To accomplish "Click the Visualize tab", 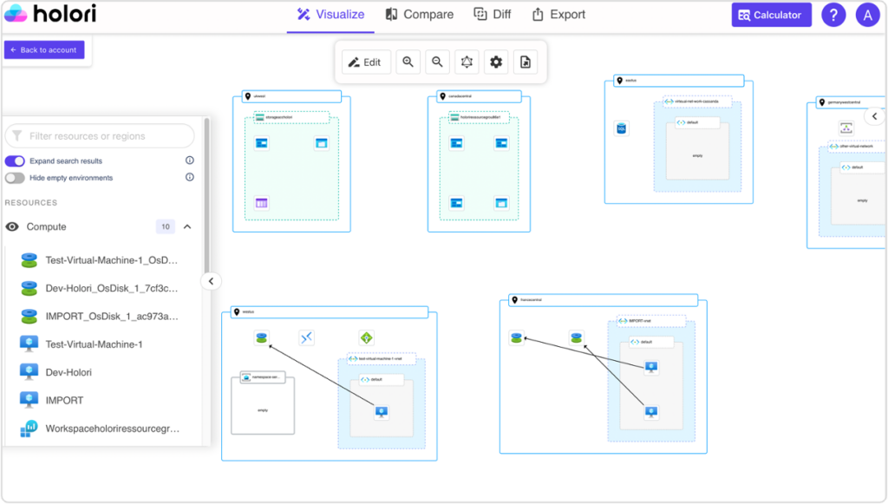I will coord(330,15).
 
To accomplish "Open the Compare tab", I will coord(420,15).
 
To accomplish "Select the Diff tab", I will coord(493,15).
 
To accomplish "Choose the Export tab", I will coord(558,15).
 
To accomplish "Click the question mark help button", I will coord(833,15).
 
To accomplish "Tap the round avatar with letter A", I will coord(867,15).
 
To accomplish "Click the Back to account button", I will coord(44,50).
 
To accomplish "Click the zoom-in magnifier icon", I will coord(408,62).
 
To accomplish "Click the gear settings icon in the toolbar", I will coord(496,62).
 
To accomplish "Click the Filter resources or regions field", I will coord(100,136).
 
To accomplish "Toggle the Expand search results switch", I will coord(15,161).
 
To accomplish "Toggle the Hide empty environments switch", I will coord(15,178).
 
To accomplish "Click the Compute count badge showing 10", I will coord(165,226).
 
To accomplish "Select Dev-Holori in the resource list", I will coord(69,372).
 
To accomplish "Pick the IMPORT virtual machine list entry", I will coord(64,400).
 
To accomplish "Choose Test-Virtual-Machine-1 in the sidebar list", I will coord(94,344).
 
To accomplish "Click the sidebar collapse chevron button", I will coord(211,281).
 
